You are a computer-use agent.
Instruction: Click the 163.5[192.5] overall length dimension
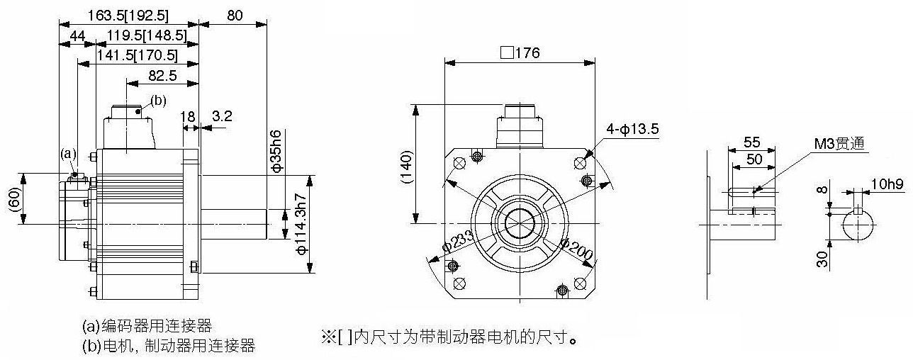[x=128, y=16]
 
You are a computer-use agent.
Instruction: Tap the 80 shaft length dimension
[x=235, y=16]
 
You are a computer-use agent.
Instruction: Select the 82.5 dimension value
[x=162, y=75]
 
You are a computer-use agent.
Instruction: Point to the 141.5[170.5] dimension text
[x=138, y=55]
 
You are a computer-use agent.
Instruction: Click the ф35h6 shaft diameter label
[x=276, y=151]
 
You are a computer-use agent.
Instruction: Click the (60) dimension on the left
[x=14, y=199]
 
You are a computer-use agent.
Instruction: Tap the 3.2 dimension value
[x=222, y=116]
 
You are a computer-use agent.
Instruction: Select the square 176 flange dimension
[x=520, y=53]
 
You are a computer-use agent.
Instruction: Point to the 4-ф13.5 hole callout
[x=632, y=129]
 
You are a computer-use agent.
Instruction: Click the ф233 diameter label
[x=458, y=242]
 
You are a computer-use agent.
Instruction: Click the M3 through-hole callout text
[x=839, y=144]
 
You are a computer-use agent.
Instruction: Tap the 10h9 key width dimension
[x=887, y=184]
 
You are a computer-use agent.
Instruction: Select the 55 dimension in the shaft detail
[x=751, y=142]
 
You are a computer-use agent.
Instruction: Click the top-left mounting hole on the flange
[x=459, y=163]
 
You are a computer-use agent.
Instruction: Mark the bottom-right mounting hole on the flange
[x=580, y=283]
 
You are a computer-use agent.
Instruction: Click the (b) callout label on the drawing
[x=158, y=101]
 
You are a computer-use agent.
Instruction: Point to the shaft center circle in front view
[x=520, y=223]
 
